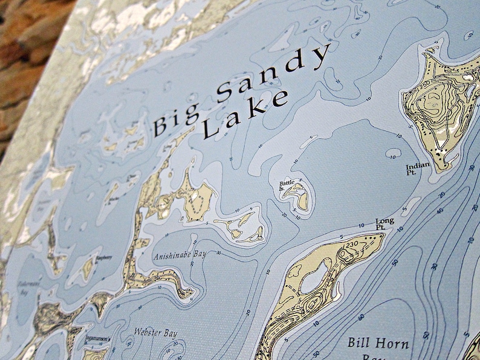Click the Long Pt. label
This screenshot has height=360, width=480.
384,223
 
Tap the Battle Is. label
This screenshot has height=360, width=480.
286,184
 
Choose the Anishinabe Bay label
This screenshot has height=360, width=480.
180,254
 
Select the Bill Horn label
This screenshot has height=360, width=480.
377,344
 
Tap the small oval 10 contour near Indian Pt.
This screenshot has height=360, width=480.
394,153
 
